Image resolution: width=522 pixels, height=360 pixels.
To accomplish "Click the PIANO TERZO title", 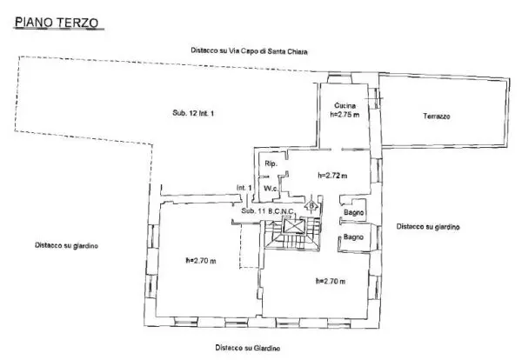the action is [x=57, y=23].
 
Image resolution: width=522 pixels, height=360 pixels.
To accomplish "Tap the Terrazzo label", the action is [x=437, y=117].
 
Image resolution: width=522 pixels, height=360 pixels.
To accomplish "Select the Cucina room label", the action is [x=345, y=105].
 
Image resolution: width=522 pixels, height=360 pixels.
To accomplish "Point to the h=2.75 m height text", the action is [x=345, y=114].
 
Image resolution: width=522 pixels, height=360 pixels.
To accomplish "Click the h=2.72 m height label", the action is [x=332, y=175].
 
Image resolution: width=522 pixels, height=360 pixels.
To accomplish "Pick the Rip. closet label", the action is [x=271, y=163].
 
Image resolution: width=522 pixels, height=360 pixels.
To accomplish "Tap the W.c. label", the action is [x=271, y=189].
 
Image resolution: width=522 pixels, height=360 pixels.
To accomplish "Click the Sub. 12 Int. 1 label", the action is [x=193, y=113].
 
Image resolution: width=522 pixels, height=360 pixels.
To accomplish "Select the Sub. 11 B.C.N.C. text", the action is [x=268, y=211].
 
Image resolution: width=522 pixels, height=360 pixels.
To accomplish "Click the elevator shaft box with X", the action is [x=293, y=226].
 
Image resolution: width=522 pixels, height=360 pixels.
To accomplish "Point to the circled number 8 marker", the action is [x=311, y=206].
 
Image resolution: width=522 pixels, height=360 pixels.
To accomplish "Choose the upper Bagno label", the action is [x=353, y=212].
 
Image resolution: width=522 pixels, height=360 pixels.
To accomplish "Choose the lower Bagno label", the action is [x=353, y=237].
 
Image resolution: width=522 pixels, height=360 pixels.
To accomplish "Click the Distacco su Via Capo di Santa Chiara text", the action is [x=249, y=51].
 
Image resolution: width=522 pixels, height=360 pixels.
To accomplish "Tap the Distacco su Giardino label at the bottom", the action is [x=247, y=348].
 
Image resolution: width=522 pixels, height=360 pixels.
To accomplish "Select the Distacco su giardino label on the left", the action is [x=66, y=245].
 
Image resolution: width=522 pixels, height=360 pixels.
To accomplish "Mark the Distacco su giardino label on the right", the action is [x=428, y=227].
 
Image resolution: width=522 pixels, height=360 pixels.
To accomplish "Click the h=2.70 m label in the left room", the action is [x=200, y=261].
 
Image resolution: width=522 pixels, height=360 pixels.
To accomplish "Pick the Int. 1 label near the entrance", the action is [x=244, y=188].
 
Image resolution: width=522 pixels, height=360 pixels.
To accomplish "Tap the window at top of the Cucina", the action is [x=339, y=78].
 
